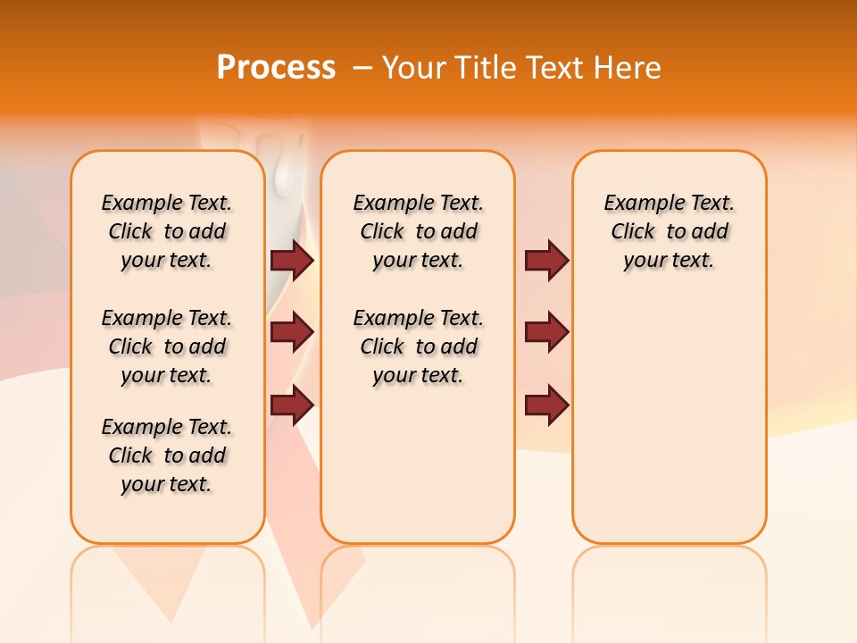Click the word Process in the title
tap(276, 68)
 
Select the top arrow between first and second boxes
tap(292, 260)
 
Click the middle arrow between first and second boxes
tap(292, 332)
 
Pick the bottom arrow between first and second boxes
tap(292, 405)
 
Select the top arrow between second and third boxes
tap(546, 260)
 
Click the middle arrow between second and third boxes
tap(546, 332)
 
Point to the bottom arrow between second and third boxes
tap(546, 405)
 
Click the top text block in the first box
tap(167, 231)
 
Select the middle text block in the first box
tap(167, 347)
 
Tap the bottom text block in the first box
tap(167, 455)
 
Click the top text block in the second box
tap(419, 231)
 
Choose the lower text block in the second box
tap(419, 347)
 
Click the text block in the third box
tap(670, 231)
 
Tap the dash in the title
tap(362, 68)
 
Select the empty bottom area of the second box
tap(419, 473)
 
